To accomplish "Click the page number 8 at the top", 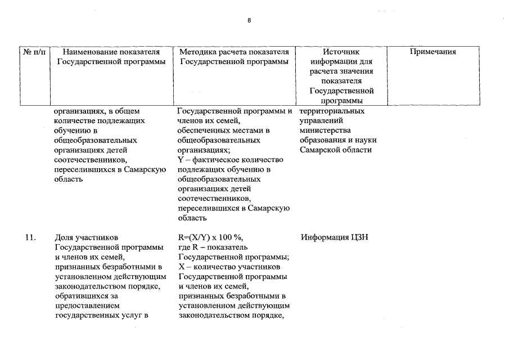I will pyautogui.click(x=250, y=20).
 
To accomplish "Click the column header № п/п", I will pyautogui.click(x=34, y=52).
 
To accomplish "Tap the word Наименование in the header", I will pyautogui.click(x=87, y=52).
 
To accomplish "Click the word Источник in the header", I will pyautogui.click(x=341, y=52).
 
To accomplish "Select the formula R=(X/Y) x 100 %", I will pyautogui.click(x=211, y=237).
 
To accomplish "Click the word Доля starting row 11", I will pyautogui.click(x=64, y=237).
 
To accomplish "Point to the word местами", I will pyautogui.click(x=251, y=130).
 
